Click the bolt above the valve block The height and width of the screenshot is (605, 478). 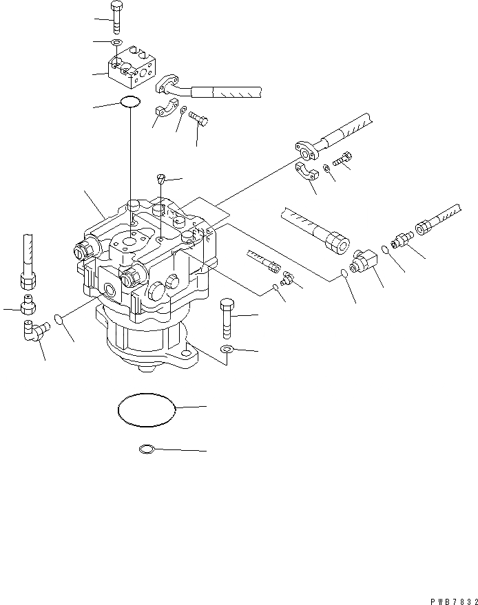click(x=115, y=17)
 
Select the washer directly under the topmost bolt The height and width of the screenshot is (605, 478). click(x=117, y=43)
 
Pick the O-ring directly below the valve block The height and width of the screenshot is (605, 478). click(x=129, y=103)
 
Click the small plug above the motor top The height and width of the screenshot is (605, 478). click(x=160, y=180)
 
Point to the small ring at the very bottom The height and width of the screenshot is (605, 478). click(x=147, y=450)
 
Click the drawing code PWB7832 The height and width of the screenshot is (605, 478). click(x=447, y=597)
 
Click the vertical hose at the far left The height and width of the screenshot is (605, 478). click(x=28, y=255)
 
